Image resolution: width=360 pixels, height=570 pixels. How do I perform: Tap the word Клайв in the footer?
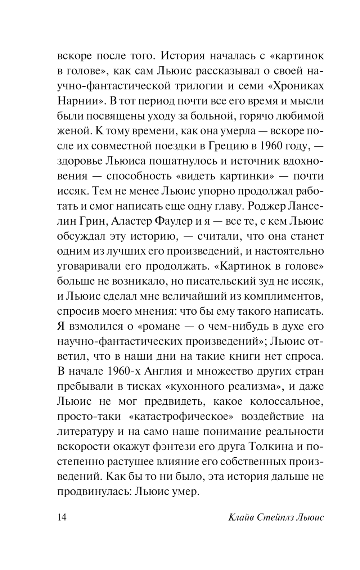click(x=242, y=518)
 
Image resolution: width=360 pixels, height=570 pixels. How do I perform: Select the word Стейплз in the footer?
click(x=277, y=518)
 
